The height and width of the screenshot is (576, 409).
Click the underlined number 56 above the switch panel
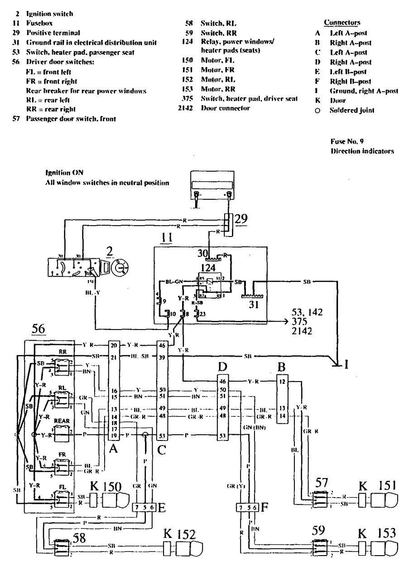[38, 329]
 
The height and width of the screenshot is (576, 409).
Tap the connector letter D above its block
[222, 366]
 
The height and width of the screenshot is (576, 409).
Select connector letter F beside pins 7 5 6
[264, 507]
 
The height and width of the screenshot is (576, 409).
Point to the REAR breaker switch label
[62, 421]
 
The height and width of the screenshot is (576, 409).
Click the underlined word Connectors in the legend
[342, 22]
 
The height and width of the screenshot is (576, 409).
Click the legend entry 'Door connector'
[225, 108]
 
